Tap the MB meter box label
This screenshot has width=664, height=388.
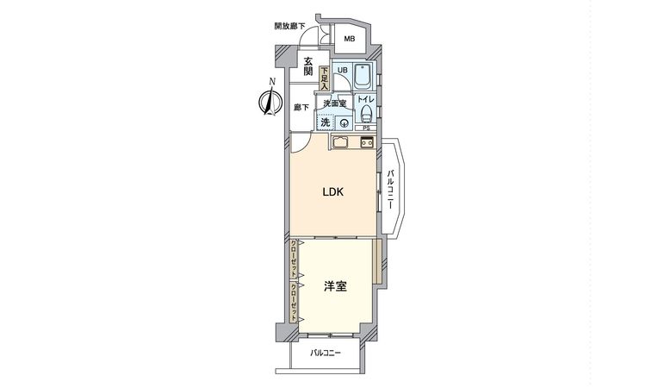(350, 39)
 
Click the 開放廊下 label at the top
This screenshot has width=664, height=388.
(289, 26)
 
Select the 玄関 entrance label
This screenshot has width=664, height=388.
(308, 66)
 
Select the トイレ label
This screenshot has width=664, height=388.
(364, 101)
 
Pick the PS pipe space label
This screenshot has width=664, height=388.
(365, 129)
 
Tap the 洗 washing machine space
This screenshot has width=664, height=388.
(326, 122)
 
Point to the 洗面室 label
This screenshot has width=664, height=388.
(334, 103)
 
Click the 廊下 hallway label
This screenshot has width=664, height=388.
(301, 108)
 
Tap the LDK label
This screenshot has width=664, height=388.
(333, 192)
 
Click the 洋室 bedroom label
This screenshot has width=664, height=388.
(335, 287)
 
